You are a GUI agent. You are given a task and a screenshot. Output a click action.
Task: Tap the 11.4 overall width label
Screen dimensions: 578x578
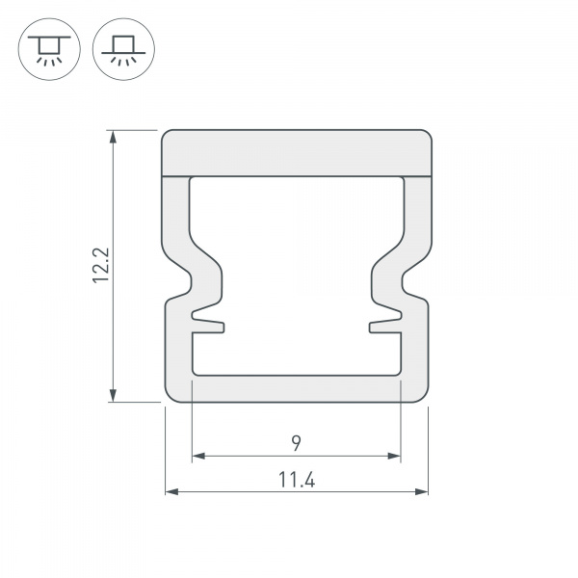(x=297, y=479)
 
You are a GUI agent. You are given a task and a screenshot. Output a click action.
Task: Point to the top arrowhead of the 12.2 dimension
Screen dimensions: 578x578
(x=115, y=137)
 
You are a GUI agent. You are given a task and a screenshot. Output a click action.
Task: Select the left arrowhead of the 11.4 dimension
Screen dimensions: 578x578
(x=171, y=491)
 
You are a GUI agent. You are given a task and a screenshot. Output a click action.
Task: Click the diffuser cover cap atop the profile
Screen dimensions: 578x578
(x=296, y=152)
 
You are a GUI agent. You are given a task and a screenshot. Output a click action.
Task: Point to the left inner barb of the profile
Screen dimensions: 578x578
(x=207, y=316)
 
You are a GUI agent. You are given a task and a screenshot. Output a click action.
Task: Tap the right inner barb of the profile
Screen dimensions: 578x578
(x=385, y=316)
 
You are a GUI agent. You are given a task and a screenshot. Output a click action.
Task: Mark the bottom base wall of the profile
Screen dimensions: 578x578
(x=296, y=388)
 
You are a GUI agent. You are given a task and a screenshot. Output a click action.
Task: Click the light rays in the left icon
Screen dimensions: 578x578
(x=45, y=60)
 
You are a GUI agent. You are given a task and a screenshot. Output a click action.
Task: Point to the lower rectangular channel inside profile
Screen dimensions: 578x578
(x=296, y=354)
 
